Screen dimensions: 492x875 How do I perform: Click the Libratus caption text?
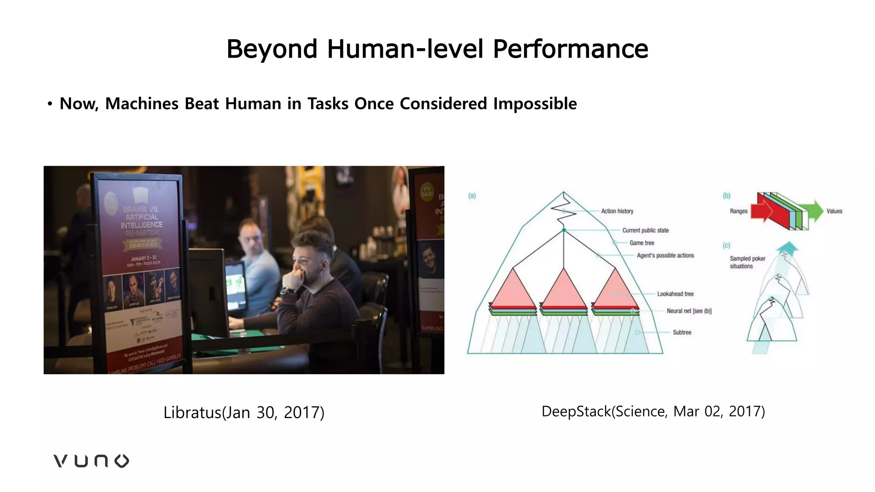click(x=244, y=413)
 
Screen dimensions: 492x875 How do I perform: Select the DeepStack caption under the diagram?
click(x=653, y=411)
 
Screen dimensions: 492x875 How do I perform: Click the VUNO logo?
click(x=91, y=461)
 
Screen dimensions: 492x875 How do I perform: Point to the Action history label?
click(x=617, y=211)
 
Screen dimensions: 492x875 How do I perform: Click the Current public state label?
click(x=645, y=230)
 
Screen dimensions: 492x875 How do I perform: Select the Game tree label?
click(x=641, y=243)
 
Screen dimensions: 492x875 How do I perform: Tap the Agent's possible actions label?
click(x=665, y=255)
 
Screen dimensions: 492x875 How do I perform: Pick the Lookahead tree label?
click(x=675, y=294)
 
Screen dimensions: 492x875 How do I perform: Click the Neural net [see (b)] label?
click(x=689, y=311)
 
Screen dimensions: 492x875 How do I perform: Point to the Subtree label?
click(x=681, y=332)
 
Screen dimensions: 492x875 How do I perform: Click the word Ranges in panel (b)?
click(x=738, y=211)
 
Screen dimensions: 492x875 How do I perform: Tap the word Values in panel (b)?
click(x=834, y=211)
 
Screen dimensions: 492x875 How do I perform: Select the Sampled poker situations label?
click(x=747, y=262)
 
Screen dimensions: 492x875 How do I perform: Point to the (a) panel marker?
click(x=472, y=196)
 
